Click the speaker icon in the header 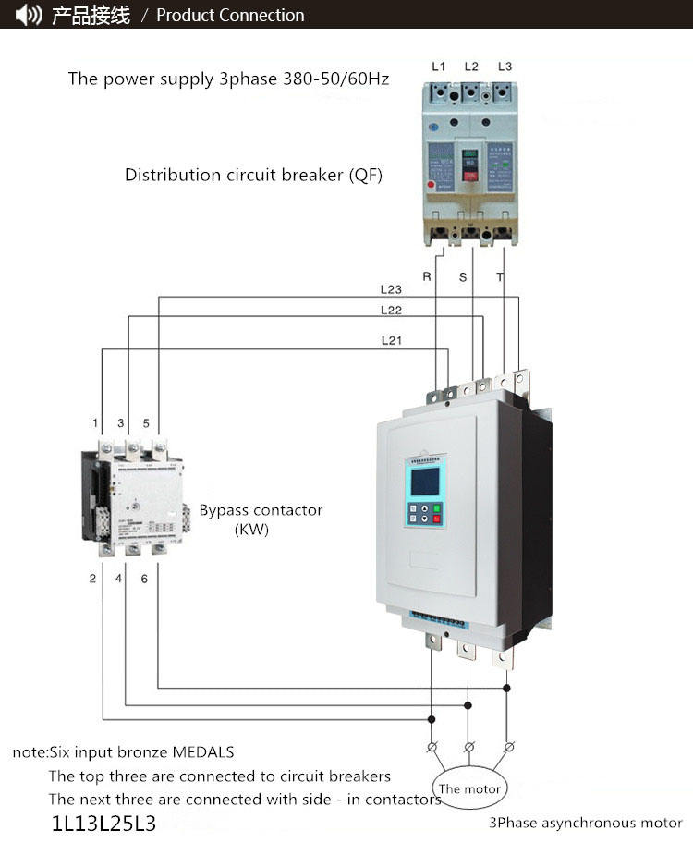point(29,15)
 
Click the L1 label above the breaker point(439,67)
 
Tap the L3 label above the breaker point(505,67)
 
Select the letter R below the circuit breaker point(427,276)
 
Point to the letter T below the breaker point(500,276)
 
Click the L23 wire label point(392,289)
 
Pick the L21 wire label point(392,340)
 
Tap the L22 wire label point(392,310)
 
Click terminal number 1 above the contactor point(95,423)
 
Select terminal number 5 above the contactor point(146,423)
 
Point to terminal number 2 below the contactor point(92,579)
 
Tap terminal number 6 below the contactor point(144,579)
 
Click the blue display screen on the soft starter point(425,481)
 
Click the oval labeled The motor point(469,788)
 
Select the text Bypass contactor point(261,510)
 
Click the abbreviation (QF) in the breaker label point(366,175)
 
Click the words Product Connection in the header point(230,15)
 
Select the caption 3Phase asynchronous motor point(586,823)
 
